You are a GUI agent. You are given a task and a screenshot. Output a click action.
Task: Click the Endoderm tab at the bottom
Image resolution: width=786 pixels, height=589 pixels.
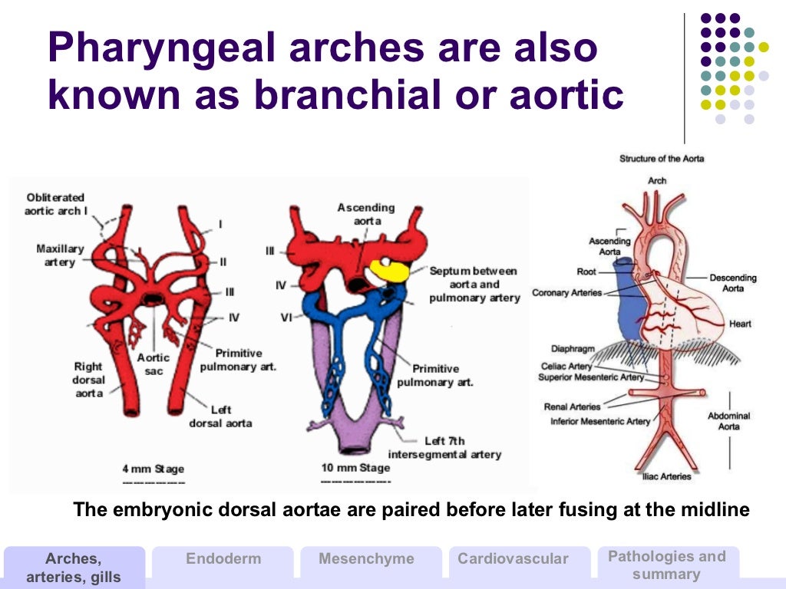[223, 559]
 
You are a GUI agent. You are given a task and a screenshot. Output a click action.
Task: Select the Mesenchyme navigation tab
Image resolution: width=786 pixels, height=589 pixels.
[366, 559]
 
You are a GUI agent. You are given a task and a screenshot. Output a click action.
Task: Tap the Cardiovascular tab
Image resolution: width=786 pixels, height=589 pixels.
[513, 559]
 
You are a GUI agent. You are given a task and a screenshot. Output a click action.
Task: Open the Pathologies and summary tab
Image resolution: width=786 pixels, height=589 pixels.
[666, 565]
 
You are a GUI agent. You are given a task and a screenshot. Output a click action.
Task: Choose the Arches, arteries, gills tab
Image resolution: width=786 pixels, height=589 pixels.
[74, 568]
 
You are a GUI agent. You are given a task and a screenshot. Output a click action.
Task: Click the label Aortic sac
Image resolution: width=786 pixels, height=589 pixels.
[154, 364]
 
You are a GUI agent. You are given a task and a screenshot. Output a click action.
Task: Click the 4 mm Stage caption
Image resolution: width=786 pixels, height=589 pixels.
[154, 469]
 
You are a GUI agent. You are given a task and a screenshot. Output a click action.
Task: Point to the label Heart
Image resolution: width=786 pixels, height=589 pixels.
[740, 324]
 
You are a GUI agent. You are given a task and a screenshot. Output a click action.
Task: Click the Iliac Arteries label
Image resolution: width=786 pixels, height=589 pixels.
[665, 476]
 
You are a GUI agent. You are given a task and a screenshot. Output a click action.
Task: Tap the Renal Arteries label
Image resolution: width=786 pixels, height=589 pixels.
[572, 406]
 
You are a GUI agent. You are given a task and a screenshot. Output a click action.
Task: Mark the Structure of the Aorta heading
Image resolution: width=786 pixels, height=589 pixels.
[662, 159]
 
